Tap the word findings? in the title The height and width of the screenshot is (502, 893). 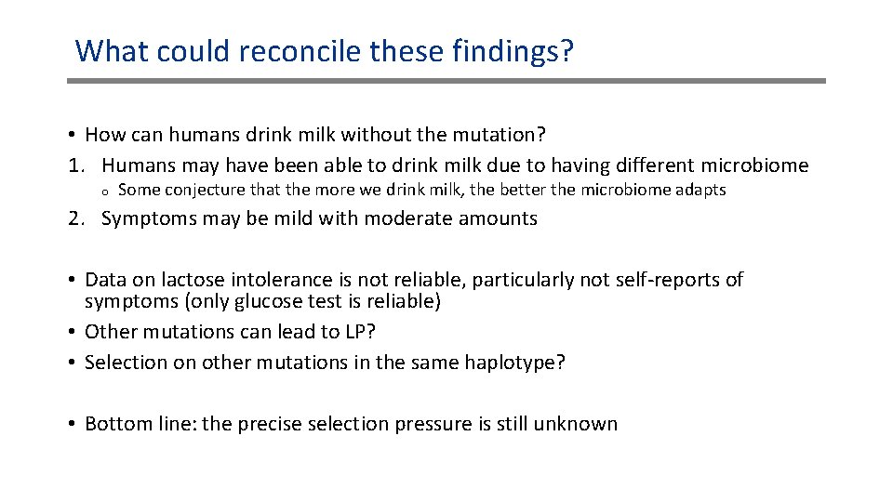(513, 50)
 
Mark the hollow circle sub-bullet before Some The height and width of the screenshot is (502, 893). (106, 191)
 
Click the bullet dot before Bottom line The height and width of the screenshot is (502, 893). (72, 424)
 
